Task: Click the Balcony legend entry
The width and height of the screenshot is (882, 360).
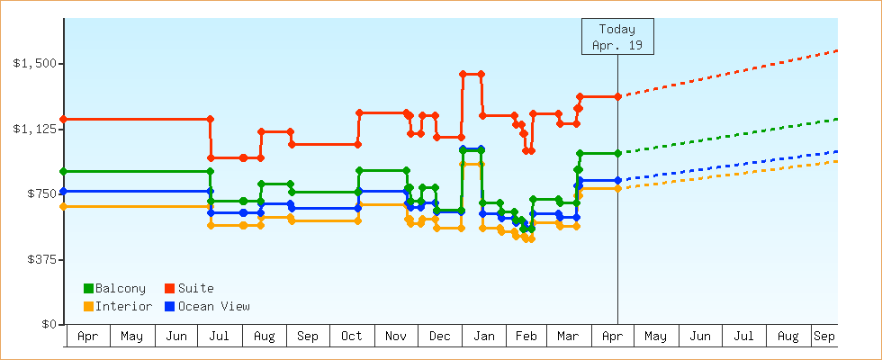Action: click(114, 288)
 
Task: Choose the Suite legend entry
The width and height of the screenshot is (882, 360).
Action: click(189, 288)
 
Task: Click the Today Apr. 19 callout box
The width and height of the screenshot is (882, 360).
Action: click(617, 37)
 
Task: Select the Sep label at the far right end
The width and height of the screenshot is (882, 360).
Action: click(823, 336)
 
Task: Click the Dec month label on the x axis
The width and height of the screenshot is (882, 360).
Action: click(440, 336)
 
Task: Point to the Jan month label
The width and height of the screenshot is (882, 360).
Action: click(484, 336)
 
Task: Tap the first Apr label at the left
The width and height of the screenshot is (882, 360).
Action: click(88, 336)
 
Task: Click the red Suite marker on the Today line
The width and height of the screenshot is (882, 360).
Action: click(617, 96)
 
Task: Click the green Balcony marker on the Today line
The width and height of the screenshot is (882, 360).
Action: click(617, 153)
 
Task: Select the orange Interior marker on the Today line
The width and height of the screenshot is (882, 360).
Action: click(617, 188)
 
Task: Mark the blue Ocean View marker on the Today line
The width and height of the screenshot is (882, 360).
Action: click(617, 180)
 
